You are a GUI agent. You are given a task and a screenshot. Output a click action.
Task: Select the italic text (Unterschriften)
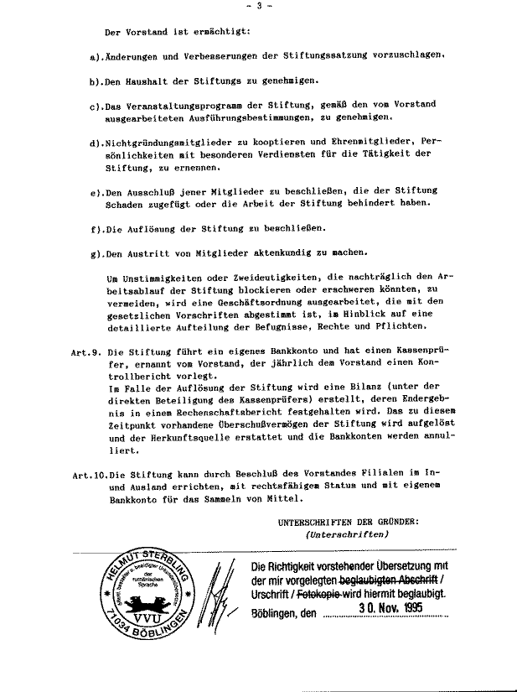(x=347, y=535)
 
